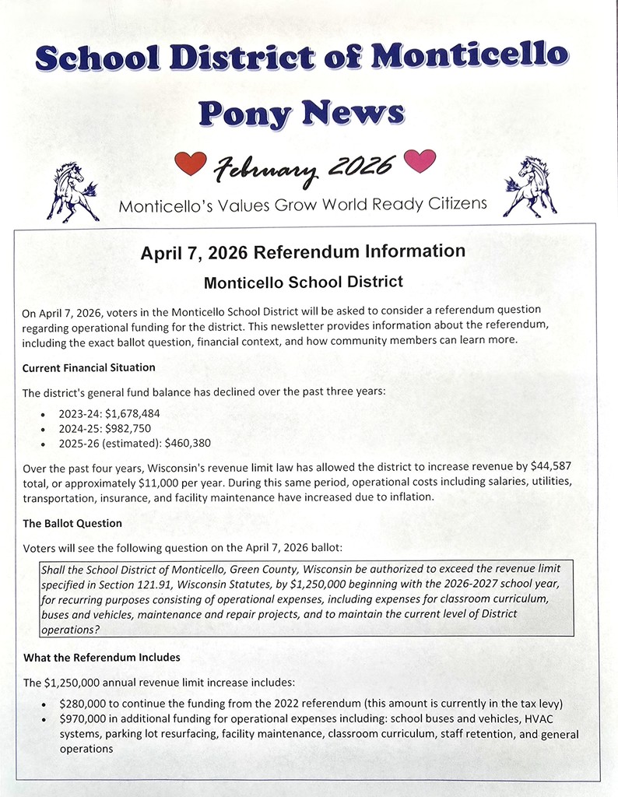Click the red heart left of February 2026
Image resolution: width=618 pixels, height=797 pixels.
[x=190, y=163]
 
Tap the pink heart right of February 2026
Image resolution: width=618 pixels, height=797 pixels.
[x=420, y=161]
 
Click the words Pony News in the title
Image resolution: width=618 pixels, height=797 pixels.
[x=301, y=111]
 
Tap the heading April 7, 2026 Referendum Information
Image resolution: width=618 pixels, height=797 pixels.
[x=303, y=252]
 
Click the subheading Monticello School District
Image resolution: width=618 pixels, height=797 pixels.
[x=303, y=281]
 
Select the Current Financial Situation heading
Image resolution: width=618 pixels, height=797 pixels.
[x=89, y=367]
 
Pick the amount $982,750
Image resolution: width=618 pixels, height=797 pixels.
[x=128, y=428]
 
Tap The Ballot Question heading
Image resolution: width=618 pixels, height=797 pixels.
[x=72, y=523]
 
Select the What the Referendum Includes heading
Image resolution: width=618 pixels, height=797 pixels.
[x=101, y=658]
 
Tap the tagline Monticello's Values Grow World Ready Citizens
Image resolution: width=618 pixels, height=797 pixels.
[x=303, y=205]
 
